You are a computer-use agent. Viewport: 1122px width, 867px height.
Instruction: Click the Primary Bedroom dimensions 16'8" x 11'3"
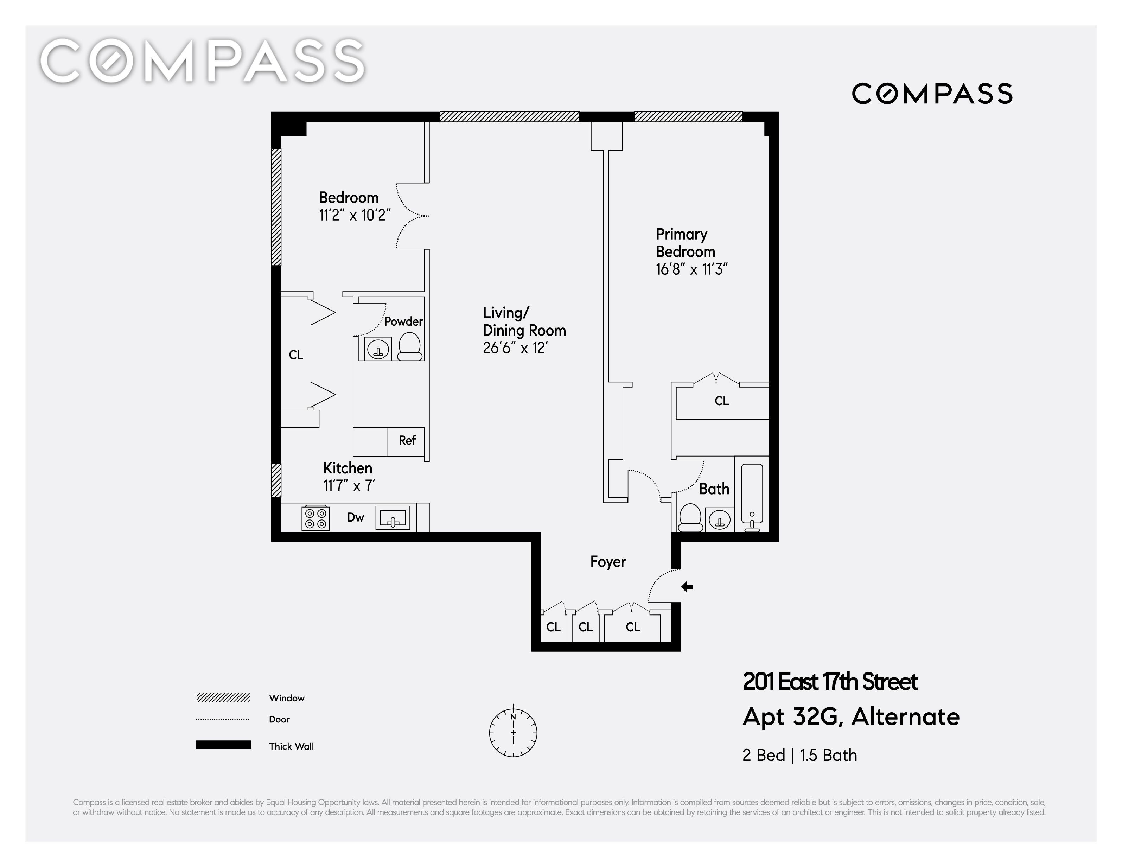point(692,269)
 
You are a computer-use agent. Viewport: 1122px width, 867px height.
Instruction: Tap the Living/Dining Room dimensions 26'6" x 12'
point(515,348)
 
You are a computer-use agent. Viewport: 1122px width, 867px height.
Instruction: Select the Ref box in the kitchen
point(406,441)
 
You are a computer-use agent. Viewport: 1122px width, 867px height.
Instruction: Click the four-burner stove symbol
point(315,518)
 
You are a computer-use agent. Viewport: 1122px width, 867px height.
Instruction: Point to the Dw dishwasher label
point(356,517)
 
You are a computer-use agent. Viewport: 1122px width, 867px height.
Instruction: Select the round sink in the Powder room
point(378,349)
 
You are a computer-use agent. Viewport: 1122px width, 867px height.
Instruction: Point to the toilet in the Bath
point(690,517)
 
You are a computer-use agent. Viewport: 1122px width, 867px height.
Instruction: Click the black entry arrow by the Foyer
point(687,587)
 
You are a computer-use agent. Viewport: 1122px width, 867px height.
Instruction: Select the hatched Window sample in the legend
point(223,697)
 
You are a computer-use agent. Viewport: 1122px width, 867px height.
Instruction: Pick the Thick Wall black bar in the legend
point(223,745)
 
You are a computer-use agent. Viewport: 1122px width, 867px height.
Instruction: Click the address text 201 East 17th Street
point(830,682)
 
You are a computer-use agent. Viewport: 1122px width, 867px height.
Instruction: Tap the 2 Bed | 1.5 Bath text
point(800,755)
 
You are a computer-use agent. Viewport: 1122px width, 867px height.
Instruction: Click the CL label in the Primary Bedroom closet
point(722,401)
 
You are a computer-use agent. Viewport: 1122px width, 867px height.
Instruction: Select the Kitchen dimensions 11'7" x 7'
point(349,485)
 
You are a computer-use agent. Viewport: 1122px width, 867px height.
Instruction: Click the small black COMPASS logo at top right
point(932,94)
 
